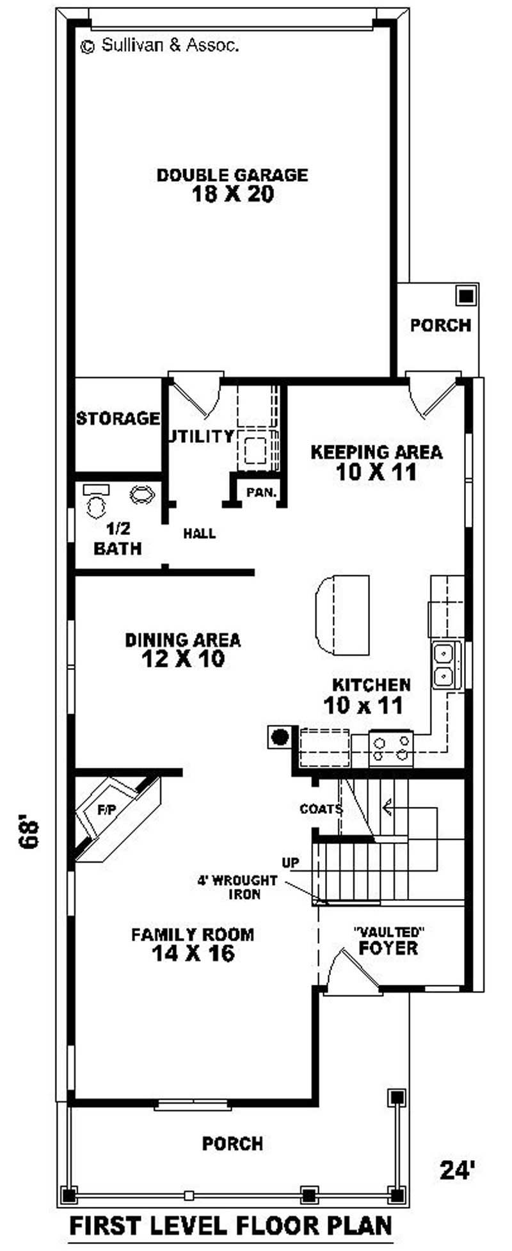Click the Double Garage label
click(x=232, y=175)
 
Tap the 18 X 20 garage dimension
click(x=232, y=195)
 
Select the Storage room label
click(x=118, y=418)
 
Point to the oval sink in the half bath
click(x=142, y=494)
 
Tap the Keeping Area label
click(x=376, y=452)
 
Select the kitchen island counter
click(x=342, y=615)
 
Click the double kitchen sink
click(x=445, y=665)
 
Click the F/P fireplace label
click(x=106, y=810)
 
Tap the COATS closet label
click(x=321, y=809)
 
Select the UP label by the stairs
click(x=291, y=863)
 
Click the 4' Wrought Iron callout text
click(x=237, y=887)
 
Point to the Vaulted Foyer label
click(x=388, y=941)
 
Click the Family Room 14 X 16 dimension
click(x=193, y=953)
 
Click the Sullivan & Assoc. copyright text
click(x=160, y=45)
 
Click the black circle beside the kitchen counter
click(x=279, y=737)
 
